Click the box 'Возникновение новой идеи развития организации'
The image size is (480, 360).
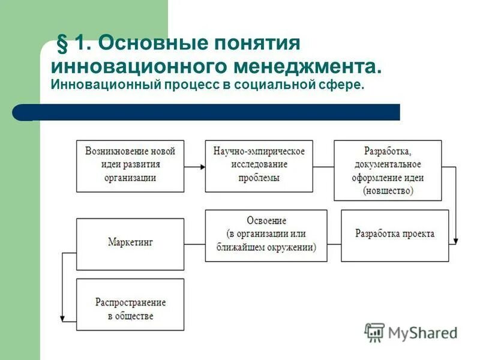pyautogui.click(x=130, y=166)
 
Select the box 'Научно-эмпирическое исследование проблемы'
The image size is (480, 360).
pyautogui.click(x=259, y=166)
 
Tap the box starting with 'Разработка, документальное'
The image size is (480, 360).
pyautogui.click(x=388, y=170)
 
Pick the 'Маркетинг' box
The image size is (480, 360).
pyautogui.click(x=130, y=244)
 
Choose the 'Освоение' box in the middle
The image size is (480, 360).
pyautogui.click(x=266, y=235)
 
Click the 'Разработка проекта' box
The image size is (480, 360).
pyautogui.click(x=394, y=235)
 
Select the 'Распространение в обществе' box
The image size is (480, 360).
pyautogui.click(x=130, y=304)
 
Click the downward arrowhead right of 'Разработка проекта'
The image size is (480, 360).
pyautogui.click(x=455, y=241)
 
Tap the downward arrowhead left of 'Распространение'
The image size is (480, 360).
pyautogui.click(x=62, y=319)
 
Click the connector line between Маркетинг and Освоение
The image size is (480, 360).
pyautogui.click(x=194, y=244)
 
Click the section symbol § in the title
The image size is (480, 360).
pyautogui.click(x=61, y=44)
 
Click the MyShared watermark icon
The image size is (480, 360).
pyautogui.click(x=375, y=332)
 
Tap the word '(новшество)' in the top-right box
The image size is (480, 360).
pyautogui.click(x=388, y=191)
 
